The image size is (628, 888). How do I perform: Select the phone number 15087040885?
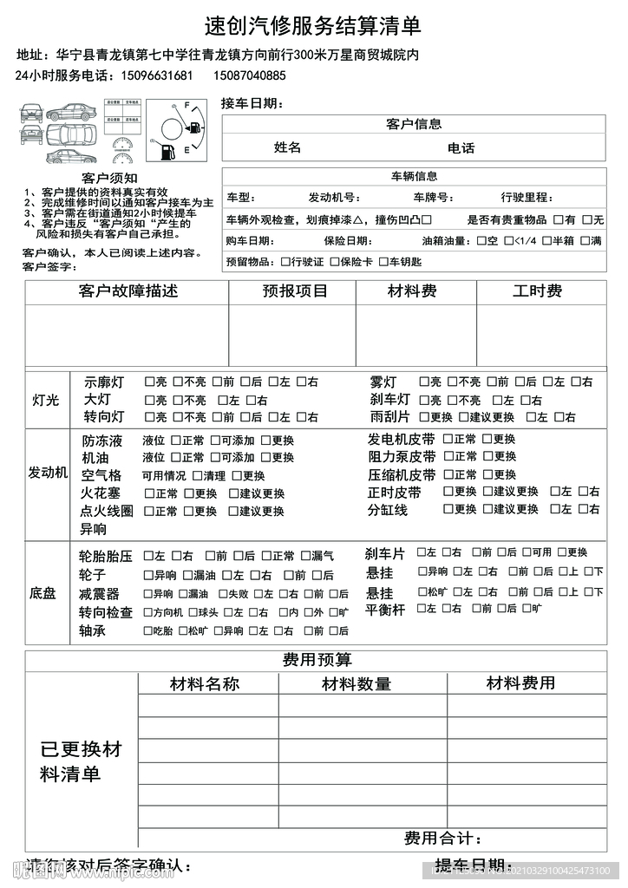point(249,75)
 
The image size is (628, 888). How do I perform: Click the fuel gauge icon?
point(177,131)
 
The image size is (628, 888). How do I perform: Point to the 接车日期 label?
point(252,103)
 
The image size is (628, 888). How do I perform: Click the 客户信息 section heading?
point(413,125)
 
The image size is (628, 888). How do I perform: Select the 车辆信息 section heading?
point(414,176)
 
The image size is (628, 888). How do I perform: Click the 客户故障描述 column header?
point(128,291)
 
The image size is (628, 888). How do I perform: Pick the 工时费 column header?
point(537,291)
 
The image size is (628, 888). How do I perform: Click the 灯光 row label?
point(45,400)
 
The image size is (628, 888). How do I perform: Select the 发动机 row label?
point(48,473)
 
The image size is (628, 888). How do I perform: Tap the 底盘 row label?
point(43,593)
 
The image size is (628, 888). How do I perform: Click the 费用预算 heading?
point(317,660)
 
